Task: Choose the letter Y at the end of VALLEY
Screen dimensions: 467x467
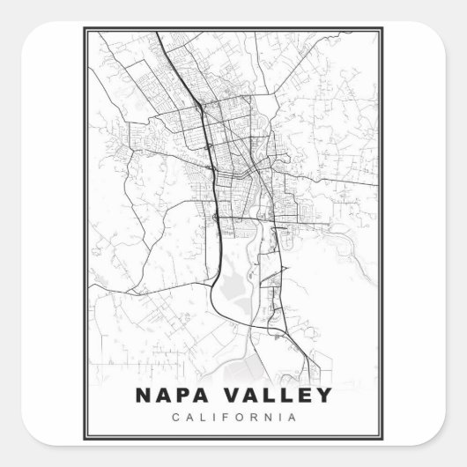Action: point(325,395)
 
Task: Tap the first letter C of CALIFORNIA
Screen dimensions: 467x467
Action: point(179,416)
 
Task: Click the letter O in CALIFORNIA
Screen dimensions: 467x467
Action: point(240,416)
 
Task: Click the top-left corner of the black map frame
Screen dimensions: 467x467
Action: point(85,28)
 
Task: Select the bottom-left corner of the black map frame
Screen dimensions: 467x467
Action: point(85,438)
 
